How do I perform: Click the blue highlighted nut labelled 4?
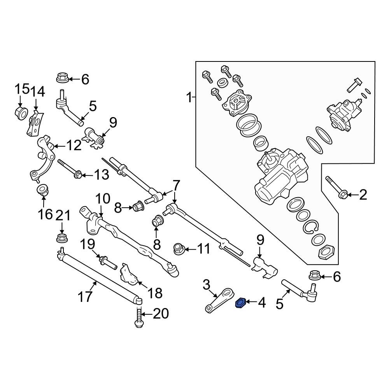point(240,302)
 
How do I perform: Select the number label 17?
point(85,296)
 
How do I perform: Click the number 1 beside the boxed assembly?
point(189,97)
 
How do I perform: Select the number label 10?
point(103,200)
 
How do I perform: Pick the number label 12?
point(74,145)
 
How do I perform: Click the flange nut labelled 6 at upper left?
point(63,78)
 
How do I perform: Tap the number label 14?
point(38,92)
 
